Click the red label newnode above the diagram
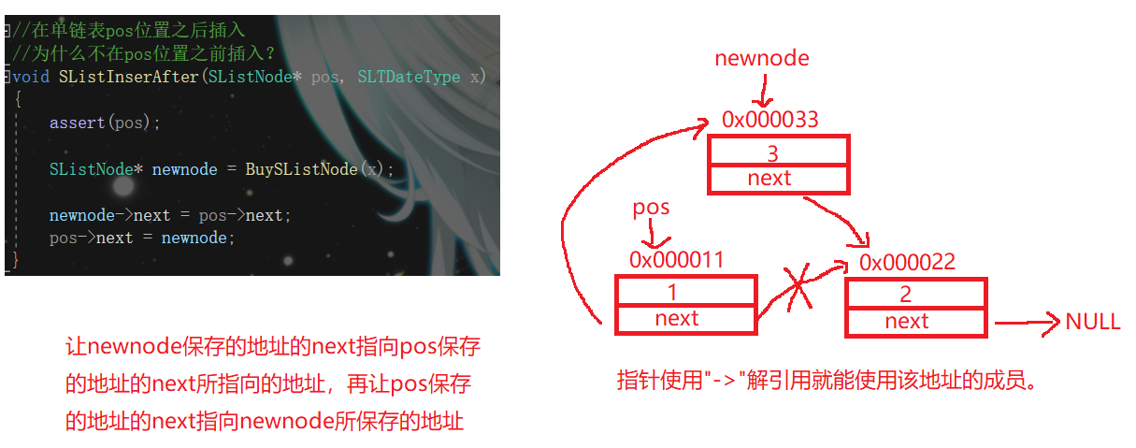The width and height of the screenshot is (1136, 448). click(761, 58)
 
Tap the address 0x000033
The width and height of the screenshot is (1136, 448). click(769, 120)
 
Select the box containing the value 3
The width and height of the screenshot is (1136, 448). click(778, 152)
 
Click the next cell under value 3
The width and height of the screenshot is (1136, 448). click(778, 179)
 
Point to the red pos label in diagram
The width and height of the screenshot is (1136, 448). click(652, 207)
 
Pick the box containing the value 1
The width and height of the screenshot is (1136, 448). click(685, 292)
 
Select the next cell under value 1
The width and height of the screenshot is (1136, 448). click(685, 319)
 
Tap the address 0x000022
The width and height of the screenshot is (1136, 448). click(907, 262)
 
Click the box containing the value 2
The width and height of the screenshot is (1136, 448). click(915, 295)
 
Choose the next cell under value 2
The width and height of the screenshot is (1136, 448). click(915, 322)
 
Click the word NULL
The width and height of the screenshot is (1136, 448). click(1092, 323)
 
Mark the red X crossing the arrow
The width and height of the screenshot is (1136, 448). click(798, 285)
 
